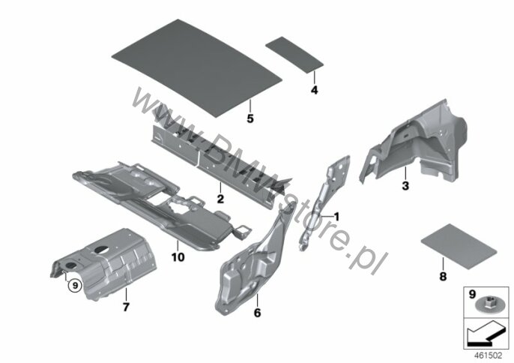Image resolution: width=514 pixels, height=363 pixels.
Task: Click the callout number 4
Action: pos(315,90)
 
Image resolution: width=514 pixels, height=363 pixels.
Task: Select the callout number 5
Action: pos(250,118)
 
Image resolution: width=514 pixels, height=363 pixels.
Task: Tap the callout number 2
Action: pos(220,199)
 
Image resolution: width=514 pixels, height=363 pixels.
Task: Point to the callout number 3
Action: pos(405,186)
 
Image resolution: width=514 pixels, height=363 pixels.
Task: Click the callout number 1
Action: pos(336,217)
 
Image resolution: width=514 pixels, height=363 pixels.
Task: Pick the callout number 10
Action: pos(178,257)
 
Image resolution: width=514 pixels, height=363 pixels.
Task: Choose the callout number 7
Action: pos(126,307)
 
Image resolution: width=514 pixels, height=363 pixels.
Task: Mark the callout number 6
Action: pos(257,313)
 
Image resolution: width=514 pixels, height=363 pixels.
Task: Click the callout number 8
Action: pos(443,276)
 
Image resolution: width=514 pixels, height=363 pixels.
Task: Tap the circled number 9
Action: pos(75,286)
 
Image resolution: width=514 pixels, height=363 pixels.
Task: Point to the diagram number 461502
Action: pos(489,355)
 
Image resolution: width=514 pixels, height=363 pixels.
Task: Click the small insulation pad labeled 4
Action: pos(294,55)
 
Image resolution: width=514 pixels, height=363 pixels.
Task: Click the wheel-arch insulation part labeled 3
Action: pos(417,145)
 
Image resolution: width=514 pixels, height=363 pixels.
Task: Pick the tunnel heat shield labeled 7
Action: pos(105,262)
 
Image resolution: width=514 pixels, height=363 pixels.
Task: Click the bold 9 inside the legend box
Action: pos(472,294)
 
